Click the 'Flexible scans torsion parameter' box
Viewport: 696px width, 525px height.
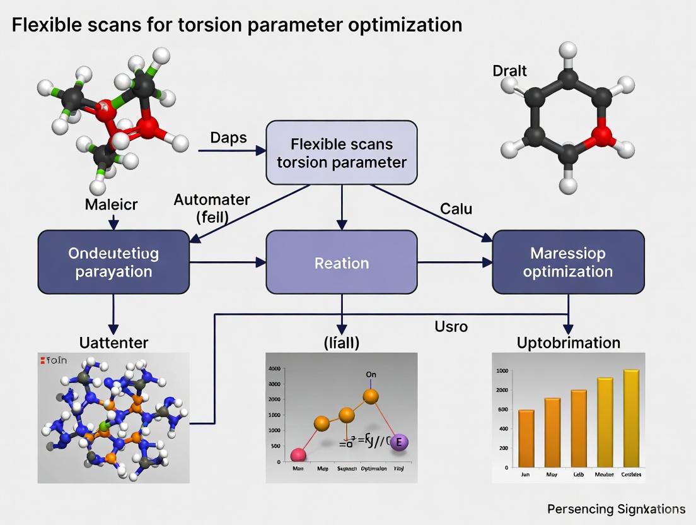(x=342, y=153)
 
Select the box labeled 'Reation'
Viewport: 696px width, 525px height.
(x=342, y=262)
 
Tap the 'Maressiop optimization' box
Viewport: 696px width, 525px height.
(x=568, y=262)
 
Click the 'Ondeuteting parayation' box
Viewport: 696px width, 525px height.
(x=113, y=262)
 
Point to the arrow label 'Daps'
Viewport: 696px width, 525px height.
(x=228, y=138)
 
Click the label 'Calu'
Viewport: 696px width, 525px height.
(x=456, y=208)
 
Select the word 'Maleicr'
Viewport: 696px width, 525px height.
(x=111, y=204)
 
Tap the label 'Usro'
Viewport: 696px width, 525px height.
(x=450, y=327)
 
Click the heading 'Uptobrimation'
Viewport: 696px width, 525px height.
(x=568, y=343)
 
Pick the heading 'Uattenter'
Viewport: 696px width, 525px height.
(x=113, y=343)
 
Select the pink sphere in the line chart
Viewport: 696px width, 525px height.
(x=298, y=455)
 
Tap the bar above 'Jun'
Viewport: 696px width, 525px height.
(x=526, y=438)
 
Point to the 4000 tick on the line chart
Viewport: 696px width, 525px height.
(x=274, y=369)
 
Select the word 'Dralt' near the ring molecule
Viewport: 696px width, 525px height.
(x=509, y=71)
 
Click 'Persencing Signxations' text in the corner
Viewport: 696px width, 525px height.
(x=616, y=509)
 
